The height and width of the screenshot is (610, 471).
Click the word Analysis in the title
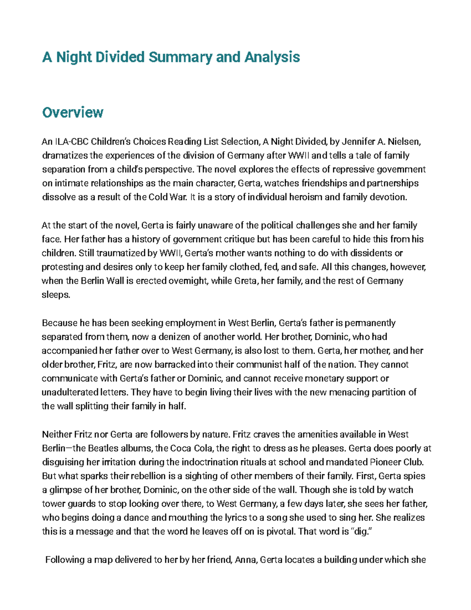coord(272,57)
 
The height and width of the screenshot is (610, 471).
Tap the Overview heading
coord(73,113)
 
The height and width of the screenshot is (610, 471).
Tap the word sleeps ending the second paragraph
coord(55,295)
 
